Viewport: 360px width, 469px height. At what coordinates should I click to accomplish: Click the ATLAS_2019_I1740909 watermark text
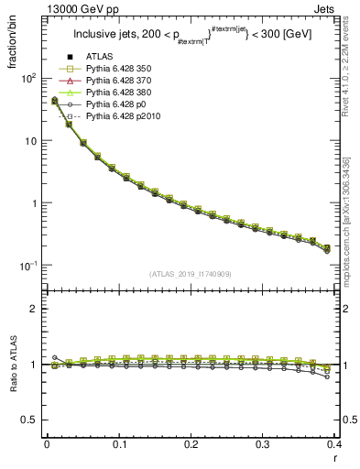tap(190, 274)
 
